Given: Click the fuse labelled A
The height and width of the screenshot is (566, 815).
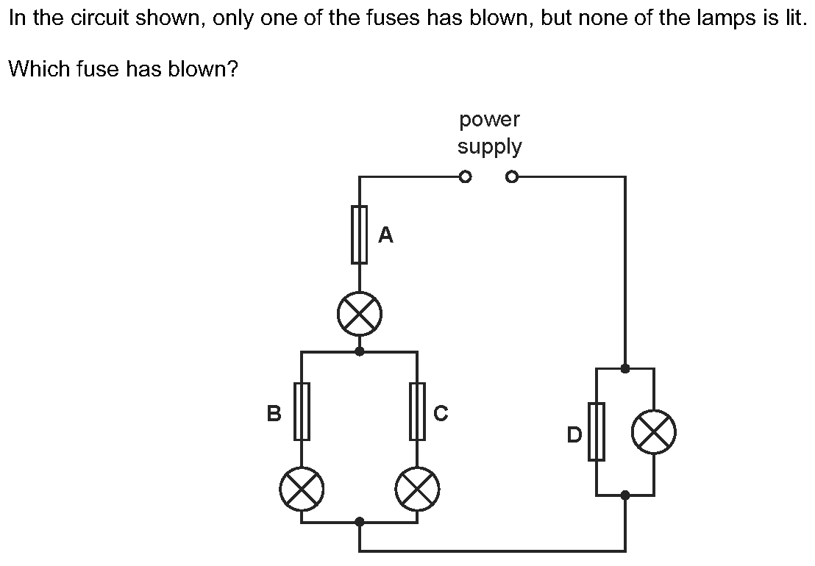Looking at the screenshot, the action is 359,234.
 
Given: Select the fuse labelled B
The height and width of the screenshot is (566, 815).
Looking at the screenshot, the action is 302,411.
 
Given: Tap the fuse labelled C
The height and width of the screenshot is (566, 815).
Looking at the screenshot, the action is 417,411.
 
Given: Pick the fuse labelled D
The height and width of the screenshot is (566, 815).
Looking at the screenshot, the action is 597,431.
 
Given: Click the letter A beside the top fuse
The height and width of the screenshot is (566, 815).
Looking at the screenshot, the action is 385,235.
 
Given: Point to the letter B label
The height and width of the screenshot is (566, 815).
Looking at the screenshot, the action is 274,413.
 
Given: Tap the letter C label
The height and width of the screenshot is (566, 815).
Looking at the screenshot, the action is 441,413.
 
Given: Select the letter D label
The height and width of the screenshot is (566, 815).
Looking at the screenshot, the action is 574,434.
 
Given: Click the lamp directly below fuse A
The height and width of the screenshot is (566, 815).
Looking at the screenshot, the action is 359,314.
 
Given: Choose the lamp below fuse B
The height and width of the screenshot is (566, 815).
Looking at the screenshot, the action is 302,489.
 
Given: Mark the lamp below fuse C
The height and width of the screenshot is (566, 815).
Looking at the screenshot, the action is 417,489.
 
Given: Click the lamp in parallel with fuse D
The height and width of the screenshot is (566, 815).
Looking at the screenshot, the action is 654,431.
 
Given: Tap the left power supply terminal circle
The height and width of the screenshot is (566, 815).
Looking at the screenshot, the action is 465,178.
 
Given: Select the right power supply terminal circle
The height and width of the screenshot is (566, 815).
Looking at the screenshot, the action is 512,178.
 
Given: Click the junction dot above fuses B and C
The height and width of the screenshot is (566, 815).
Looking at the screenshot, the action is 359,352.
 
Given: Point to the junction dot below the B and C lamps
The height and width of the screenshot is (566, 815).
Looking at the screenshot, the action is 359,522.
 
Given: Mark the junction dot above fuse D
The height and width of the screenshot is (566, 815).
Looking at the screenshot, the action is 625,369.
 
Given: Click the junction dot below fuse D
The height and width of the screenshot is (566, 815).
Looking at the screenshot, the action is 625,495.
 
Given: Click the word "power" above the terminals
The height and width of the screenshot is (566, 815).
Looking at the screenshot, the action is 490,121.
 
